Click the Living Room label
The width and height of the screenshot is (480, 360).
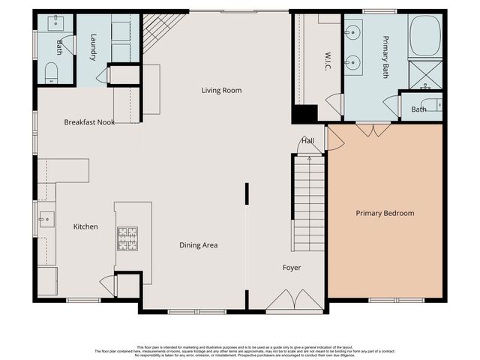(x=221, y=91)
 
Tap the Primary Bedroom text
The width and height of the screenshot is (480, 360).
(x=385, y=213)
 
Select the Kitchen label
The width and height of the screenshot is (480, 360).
(x=85, y=226)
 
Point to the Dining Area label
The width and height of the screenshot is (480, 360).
(x=198, y=245)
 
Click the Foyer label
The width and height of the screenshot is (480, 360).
(x=292, y=268)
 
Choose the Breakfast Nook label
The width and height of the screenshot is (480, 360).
(x=89, y=122)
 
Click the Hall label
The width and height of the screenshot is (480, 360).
(x=307, y=140)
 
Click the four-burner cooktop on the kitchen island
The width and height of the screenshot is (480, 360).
(x=127, y=238)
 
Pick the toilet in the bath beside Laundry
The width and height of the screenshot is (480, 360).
(x=50, y=71)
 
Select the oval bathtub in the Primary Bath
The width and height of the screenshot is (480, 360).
(x=425, y=36)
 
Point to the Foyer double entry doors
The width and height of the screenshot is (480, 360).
(x=285, y=303)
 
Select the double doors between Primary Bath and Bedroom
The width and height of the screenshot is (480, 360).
(x=373, y=129)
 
